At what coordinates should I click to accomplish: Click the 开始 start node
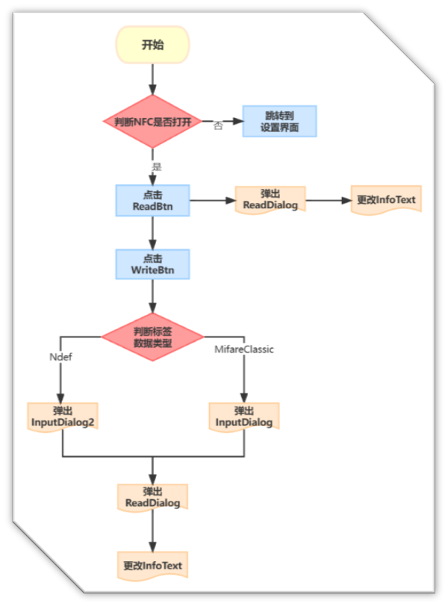pos(152,45)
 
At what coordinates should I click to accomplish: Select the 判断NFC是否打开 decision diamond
pos(152,121)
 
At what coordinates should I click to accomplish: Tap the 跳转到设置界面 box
pos(280,121)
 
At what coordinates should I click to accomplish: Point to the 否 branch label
pos(218,126)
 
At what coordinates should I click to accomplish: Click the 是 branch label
pos(157,166)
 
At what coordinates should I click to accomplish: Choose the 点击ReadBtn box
pos(152,200)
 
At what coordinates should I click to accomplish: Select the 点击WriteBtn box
pos(152,264)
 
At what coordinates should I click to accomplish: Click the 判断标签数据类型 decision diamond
pos(152,337)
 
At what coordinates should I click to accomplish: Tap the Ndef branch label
pos(60,356)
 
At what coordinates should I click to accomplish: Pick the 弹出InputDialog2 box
pos(63,417)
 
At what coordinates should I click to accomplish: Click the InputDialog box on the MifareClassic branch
pos(244,417)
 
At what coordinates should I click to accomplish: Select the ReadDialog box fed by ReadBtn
pos(270,200)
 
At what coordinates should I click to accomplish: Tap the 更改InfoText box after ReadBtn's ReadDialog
pos(386,200)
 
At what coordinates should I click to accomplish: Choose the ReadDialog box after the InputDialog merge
pos(152,498)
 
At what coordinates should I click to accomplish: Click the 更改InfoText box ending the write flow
pos(152,565)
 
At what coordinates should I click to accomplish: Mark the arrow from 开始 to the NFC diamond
pos(152,78)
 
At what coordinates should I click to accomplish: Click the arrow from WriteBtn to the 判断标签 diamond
pos(152,298)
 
